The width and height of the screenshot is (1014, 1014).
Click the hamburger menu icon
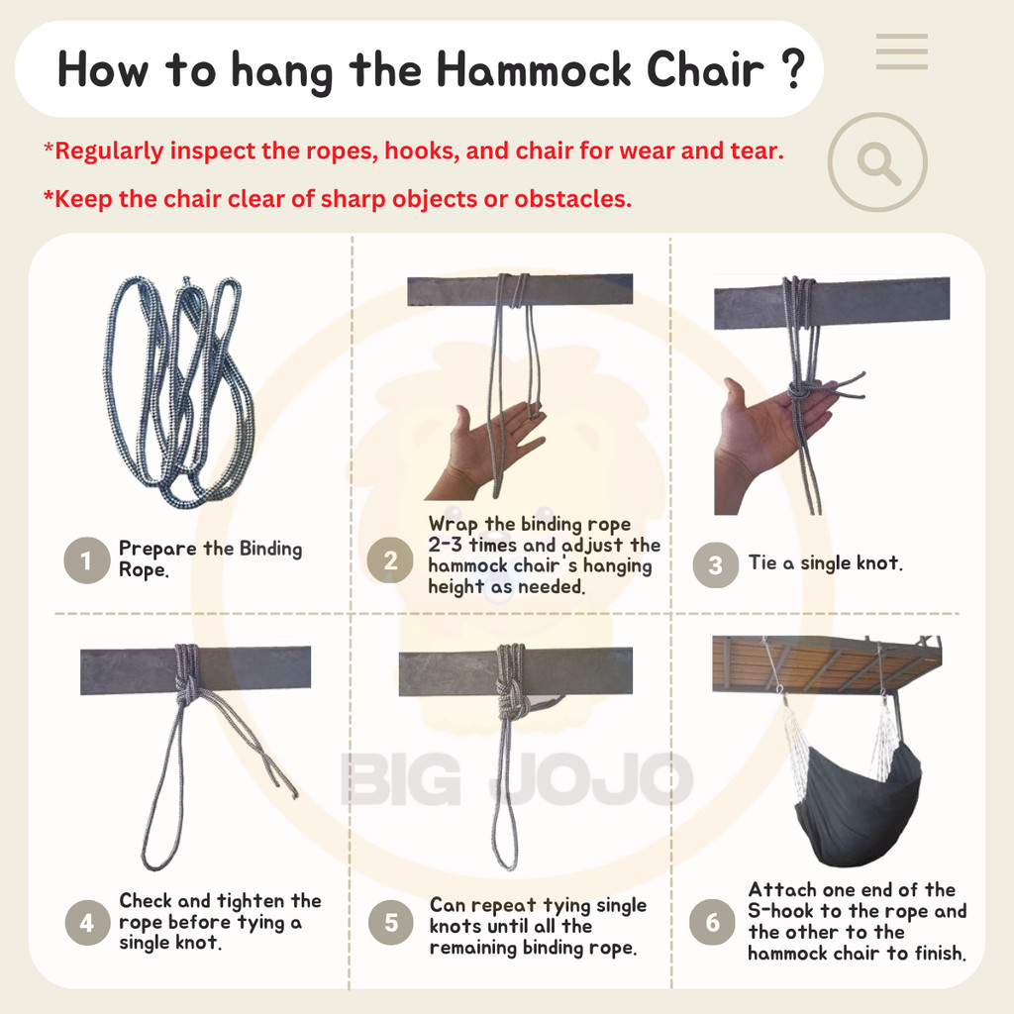pos(902,51)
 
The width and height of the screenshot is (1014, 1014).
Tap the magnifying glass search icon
pos(877,162)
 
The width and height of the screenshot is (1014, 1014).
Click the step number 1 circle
pos(86,560)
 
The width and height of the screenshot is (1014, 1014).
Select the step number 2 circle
pos(390,560)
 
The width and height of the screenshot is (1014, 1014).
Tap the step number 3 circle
pos(715,565)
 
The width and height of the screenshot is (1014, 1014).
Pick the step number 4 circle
pos(87,923)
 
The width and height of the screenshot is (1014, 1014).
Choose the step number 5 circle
pos(391,923)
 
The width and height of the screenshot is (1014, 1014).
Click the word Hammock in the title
pos(535,71)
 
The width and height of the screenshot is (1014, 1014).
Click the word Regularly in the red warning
pos(109,152)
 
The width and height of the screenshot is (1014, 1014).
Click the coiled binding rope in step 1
pos(178,386)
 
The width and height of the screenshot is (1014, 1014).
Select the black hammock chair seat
pos(857,802)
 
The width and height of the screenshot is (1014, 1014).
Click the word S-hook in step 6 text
pos(782,911)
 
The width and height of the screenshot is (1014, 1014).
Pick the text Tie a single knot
pos(825,563)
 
